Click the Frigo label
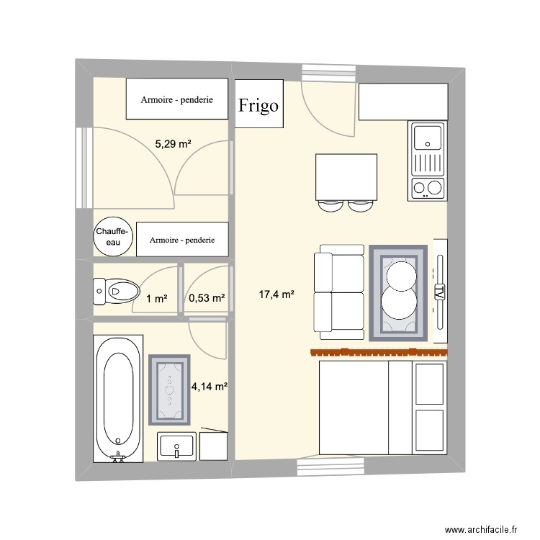(258, 105)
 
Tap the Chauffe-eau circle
(113, 236)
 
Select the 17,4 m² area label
(276, 294)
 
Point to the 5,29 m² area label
(173, 144)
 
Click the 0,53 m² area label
(207, 298)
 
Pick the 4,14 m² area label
(210, 387)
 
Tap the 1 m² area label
(157, 299)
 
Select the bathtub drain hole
(118, 441)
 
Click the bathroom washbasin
(176, 446)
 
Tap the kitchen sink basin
(428, 138)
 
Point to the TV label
(440, 292)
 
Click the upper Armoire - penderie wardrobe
(177, 99)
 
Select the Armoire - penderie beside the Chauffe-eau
(182, 239)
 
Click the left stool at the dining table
(330, 206)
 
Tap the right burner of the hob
(434, 188)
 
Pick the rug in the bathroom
(169, 390)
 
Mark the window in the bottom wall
(330, 467)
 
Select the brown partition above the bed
(379, 352)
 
